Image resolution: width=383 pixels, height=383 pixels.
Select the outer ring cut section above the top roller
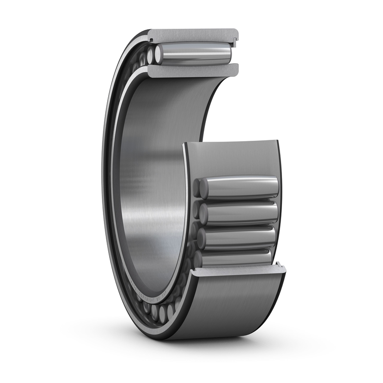[191, 35]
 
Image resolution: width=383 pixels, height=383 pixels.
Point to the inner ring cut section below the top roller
[191, 70]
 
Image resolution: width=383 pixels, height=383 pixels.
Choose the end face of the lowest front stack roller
[198, 259]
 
